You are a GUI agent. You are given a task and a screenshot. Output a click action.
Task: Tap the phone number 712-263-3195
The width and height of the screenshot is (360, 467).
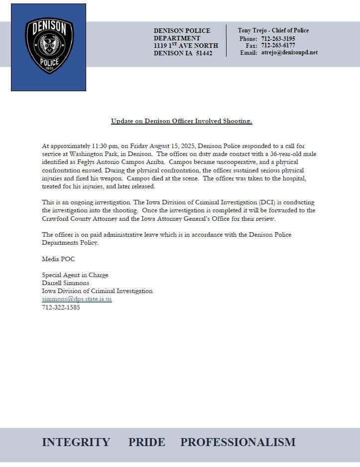278,39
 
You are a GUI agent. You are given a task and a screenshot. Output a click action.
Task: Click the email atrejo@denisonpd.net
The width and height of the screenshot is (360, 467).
289,53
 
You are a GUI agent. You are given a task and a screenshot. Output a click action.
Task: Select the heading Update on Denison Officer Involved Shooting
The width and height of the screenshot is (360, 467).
181,121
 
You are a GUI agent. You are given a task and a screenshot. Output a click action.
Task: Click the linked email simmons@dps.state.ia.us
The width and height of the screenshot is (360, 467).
77,299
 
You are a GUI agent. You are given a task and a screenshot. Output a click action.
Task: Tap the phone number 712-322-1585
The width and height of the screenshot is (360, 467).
61,307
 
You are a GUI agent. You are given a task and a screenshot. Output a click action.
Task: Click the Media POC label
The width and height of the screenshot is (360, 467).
58,259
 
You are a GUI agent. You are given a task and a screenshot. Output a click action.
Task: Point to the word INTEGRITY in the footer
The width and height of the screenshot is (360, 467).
76,442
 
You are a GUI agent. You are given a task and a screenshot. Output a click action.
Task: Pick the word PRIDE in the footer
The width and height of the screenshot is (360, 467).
146,442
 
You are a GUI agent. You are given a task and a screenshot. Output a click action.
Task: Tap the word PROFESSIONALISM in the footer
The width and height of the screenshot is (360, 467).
238,442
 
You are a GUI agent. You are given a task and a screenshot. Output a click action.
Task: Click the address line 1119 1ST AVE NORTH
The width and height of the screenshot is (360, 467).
186,46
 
